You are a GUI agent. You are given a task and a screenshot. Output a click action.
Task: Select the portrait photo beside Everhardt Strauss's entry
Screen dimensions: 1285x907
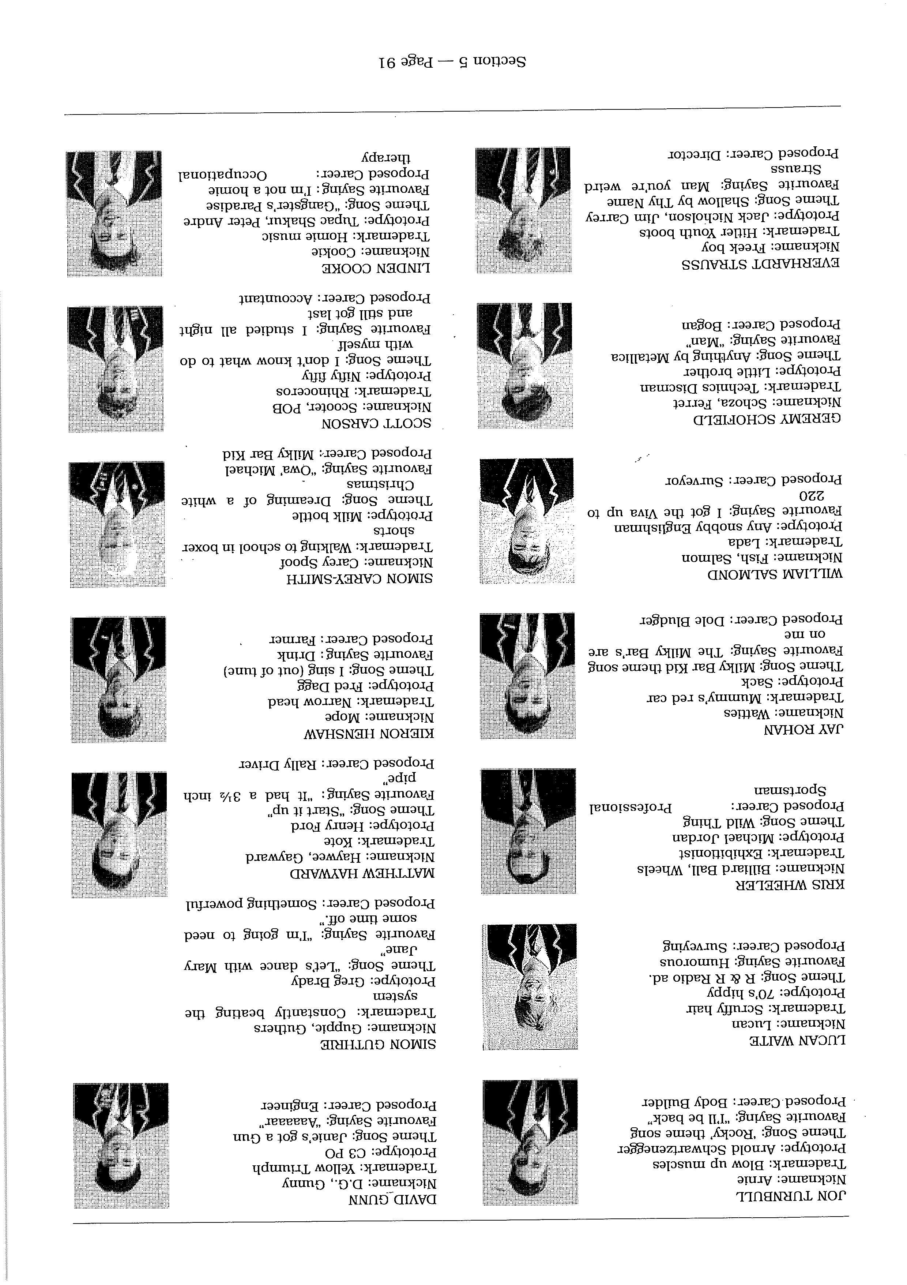coord(523,210)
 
